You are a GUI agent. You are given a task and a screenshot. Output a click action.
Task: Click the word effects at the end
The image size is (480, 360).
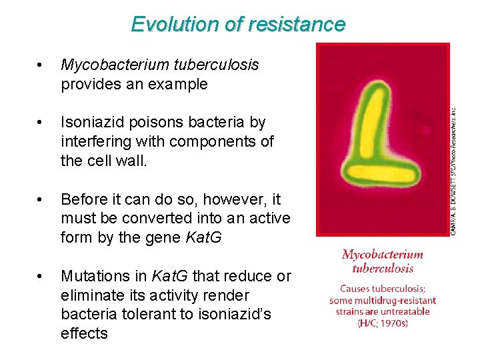point(84,333)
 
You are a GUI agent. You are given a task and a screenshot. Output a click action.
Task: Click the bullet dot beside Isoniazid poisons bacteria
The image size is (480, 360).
point(41,123)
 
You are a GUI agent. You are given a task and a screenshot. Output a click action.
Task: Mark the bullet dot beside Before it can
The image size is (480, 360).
point(41,200)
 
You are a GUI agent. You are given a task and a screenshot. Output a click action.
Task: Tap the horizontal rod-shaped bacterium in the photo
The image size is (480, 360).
point(381,173)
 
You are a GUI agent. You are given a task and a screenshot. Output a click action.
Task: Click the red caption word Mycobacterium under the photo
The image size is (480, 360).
point(382,255)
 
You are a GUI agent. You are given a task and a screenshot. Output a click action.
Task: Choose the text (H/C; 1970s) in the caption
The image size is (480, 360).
point(382,323)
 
